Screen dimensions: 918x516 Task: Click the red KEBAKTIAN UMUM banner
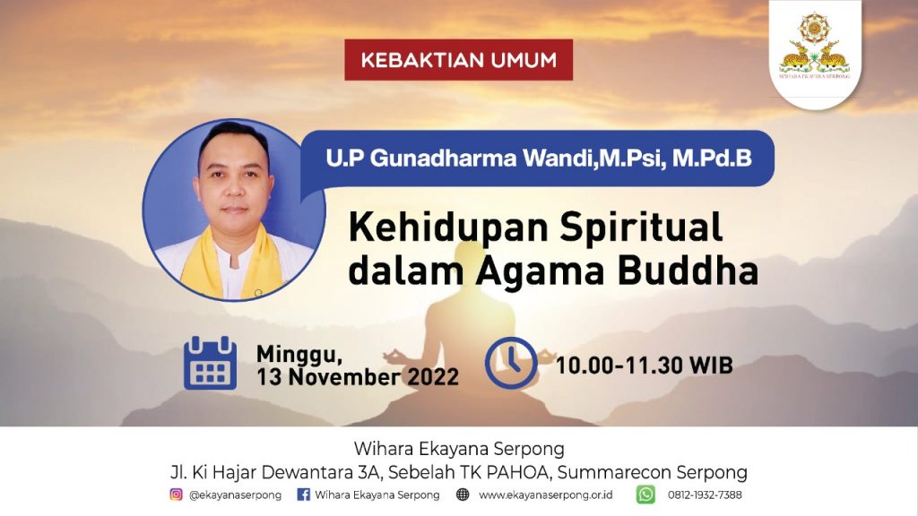click(x=458, y=60)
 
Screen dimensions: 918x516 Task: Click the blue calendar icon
click(x=210, y=364)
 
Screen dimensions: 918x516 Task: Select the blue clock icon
click(x=511, y=363)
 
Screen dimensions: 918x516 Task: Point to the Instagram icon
click(x=176, y=494)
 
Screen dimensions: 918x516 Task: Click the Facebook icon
click(x=303, y=494)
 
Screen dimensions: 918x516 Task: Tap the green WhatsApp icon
click(x=645, y=494)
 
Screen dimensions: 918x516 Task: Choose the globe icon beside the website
click(x=463, y=494)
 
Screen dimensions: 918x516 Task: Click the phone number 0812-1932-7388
click(x=705, y=494)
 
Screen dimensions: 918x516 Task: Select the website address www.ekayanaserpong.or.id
click(x=546, y=494)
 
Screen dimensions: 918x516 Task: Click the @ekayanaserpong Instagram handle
click(x=235, y=494)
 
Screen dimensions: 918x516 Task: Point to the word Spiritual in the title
click(x=641, y=228)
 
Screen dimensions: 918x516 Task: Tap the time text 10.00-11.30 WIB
click(x=644, y=365)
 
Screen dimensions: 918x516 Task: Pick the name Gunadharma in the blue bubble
click(x=443, y=158)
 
